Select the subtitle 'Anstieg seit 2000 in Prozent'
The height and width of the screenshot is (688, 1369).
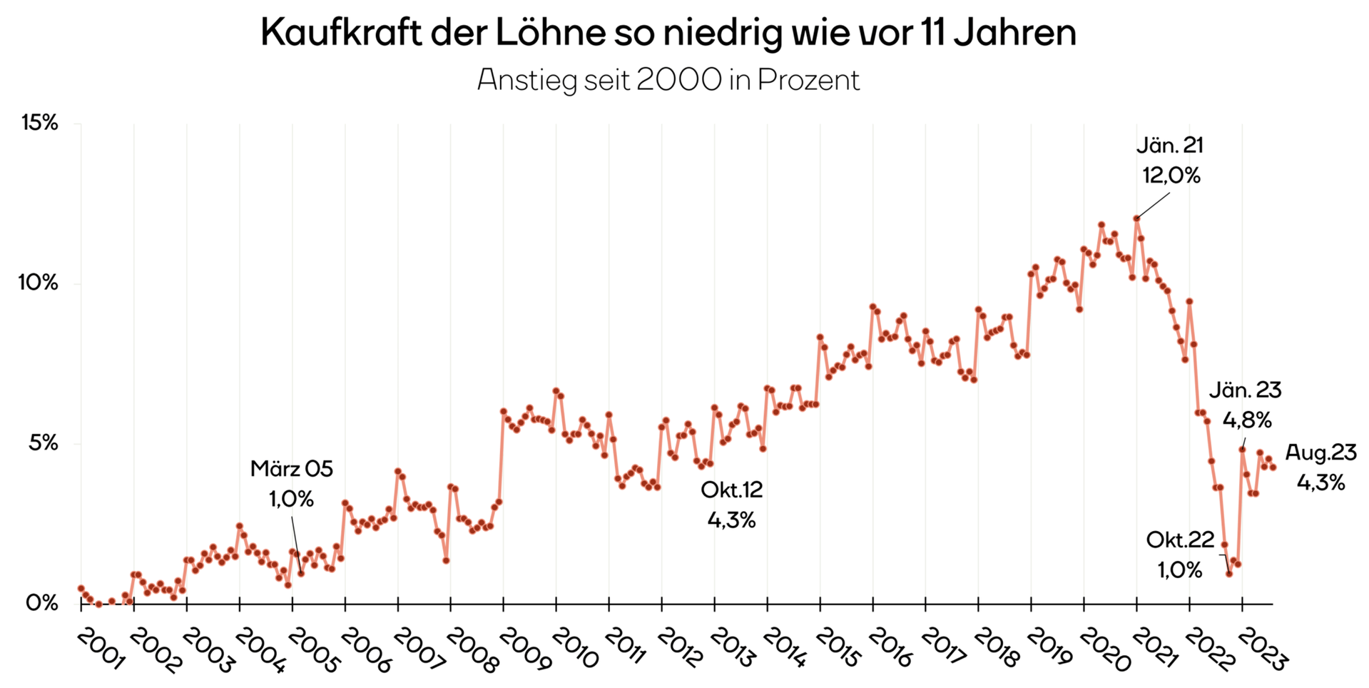[668, 80]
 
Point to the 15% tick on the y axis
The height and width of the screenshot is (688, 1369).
[39, 123]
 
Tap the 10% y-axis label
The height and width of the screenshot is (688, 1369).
[38, 283]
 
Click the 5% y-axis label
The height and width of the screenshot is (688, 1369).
[43, 443]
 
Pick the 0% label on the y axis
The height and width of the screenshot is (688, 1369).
[42, 603]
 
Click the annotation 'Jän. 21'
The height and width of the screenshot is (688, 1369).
[1170, 146]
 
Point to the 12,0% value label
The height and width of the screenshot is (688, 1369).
[1171, 176]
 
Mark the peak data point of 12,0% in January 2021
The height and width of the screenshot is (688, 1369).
[1136, 218]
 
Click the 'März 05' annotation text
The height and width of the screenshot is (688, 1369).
[292, 469]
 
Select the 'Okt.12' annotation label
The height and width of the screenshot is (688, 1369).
[732, 490]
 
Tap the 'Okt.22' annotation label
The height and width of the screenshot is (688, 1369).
[1180, 540]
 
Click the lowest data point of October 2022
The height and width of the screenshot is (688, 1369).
[1229, 574]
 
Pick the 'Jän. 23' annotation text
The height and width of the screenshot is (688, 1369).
[1245, 390]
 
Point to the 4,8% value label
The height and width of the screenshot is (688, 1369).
[1247, 420]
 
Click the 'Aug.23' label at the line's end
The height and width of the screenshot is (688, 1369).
[1320, 452]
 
